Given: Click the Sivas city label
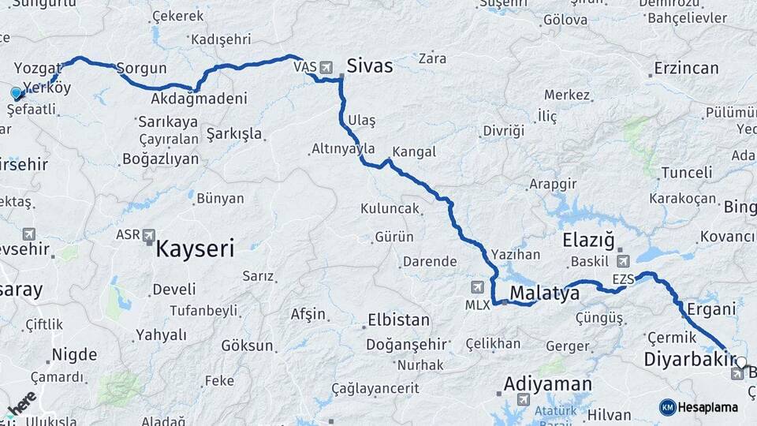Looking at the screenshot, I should (369, 66).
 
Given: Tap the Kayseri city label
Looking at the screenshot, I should (195, 250).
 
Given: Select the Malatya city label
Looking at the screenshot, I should (544, 294).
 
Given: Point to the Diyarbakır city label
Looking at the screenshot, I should (684, 360).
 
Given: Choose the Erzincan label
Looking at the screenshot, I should (685, 69).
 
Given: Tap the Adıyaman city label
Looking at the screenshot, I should (547, 384).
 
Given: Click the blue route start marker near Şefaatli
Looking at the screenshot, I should (16, 93).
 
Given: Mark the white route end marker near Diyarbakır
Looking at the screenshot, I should (740, 362).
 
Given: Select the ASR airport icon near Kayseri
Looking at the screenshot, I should (149, 235).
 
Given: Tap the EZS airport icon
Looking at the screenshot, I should (624, 261).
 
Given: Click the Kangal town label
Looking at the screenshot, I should (413, 151).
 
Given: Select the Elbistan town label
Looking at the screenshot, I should (398, 321).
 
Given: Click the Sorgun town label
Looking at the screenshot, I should (142, 69).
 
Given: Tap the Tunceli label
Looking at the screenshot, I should (686, 173).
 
